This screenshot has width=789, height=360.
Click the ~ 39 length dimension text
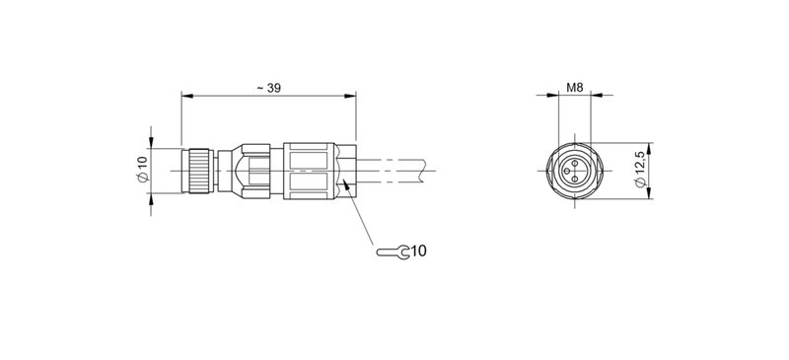pyautogui.click(x=267, y=88)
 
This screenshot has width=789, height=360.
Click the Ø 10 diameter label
pyautogui.click(x=141, y=169)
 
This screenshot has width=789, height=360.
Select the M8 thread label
pyautogui.click(x=575, y=88)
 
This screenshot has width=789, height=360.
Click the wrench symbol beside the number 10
pyautogui.click(x=392, y=252)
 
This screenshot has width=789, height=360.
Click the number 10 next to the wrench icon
pyautogui.click(x=418, y=252)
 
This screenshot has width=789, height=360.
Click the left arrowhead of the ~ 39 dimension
pyautogui.click(x=185, y=97)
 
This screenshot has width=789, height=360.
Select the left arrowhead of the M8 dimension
pyautogui.click(x=554, y=97)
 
